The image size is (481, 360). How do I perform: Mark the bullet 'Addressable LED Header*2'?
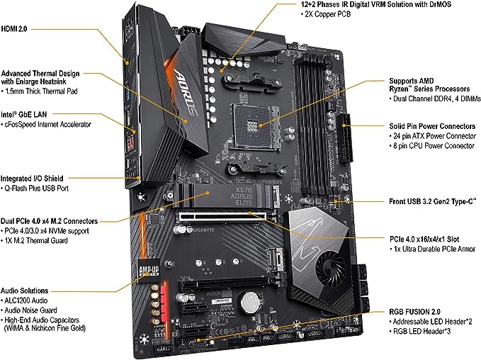click(426, 322)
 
